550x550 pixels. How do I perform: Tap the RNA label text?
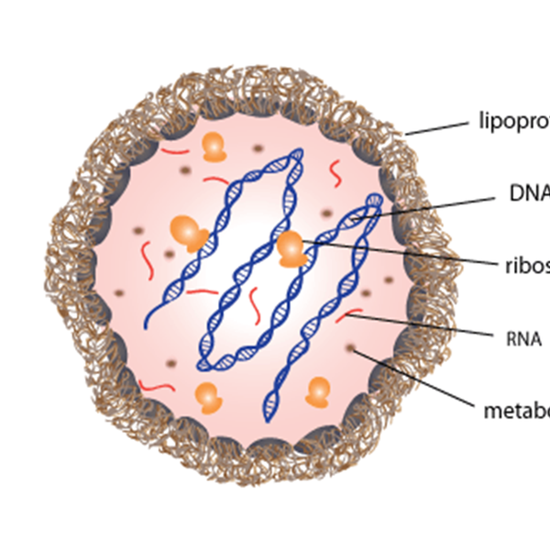point(523,338)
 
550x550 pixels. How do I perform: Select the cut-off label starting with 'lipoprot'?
point(514,120)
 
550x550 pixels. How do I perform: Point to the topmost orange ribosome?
point(214,146)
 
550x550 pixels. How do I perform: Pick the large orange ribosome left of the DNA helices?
point(188,232)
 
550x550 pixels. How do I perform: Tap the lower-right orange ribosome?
point(318,391)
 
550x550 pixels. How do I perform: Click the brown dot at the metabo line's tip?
point(351,347)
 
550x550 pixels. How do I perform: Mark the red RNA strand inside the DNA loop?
point(253,301)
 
